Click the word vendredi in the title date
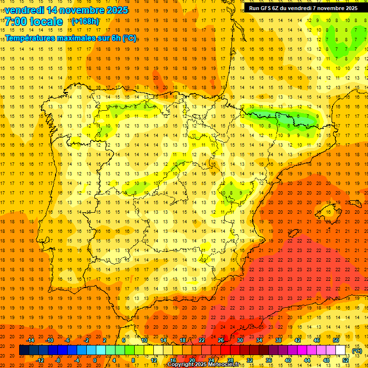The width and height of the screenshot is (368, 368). click(25, 10)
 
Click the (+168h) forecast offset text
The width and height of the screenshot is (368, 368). click(85, 22)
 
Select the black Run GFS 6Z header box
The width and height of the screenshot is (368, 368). click(303, 8)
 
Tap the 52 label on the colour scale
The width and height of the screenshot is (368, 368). click(345, 360)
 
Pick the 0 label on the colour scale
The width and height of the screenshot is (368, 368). click(95, 360)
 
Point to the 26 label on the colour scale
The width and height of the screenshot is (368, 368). click(221, 340)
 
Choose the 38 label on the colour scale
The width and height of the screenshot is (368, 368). click(278, 340)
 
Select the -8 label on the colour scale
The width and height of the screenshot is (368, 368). click(58, 360)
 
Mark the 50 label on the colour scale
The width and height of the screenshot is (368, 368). click(336, 340)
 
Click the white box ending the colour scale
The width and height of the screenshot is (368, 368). click(341, 350)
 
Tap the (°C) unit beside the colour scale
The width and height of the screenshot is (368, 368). click(356, 351)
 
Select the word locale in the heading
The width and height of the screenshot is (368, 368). click(46, 22)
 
